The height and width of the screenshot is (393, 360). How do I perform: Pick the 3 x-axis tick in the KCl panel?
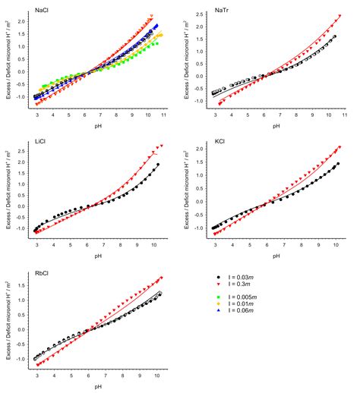click(x=215, y=245)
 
